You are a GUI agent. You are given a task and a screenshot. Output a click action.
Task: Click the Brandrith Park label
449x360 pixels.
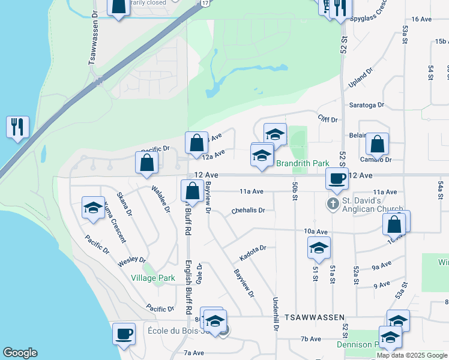tap(303, 163)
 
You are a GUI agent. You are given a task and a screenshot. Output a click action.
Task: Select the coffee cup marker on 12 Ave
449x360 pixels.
tap(337, 178)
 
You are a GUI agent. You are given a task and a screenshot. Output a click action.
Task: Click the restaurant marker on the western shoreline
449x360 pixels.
tap(17, 127)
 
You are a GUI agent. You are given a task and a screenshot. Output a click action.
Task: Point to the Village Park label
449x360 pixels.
tap(153, 278)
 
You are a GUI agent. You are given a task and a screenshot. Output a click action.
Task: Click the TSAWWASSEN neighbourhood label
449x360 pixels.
tap(315, 317)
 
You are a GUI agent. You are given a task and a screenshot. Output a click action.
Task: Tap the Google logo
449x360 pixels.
tap(20, 353)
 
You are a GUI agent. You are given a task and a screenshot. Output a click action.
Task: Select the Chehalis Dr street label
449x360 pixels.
tap(248, 211)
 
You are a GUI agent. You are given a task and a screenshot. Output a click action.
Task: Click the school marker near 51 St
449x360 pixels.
tap(319, 247)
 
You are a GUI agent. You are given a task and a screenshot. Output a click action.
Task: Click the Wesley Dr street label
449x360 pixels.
tap(131, 261)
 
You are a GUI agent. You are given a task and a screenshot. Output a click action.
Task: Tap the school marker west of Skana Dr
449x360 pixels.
tap(93, 208)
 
